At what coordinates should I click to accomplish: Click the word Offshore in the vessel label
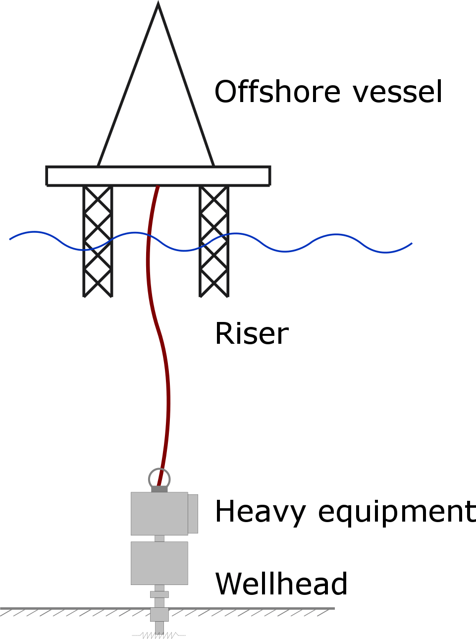[277, 92]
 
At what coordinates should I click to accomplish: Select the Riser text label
[252, 333]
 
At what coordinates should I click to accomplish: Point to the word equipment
[396, 513]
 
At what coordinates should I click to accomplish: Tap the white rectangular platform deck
[158, 176]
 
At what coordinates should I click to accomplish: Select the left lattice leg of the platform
[98, 241]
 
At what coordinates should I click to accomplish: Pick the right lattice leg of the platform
[214, 241]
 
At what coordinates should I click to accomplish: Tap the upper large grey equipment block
[159, 513]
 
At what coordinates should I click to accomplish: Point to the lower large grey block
[159, 563]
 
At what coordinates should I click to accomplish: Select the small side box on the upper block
[193, 514]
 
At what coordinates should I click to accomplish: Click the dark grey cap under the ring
[159, 489]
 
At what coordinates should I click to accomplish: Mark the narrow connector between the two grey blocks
[159, 538]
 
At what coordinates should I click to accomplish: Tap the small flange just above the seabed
[159, 594]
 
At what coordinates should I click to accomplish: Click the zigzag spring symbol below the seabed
[159, 635]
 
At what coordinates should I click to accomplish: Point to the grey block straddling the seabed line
[159, 614]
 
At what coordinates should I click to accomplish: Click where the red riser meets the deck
[158, 187]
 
